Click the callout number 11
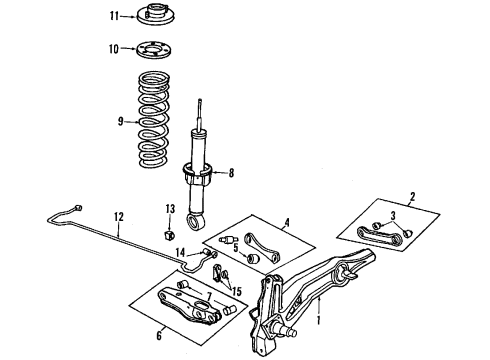coord(114,15)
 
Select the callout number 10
coord(113,47)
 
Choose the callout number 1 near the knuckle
coord(318,321)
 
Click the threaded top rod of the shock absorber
coord(203,114)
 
